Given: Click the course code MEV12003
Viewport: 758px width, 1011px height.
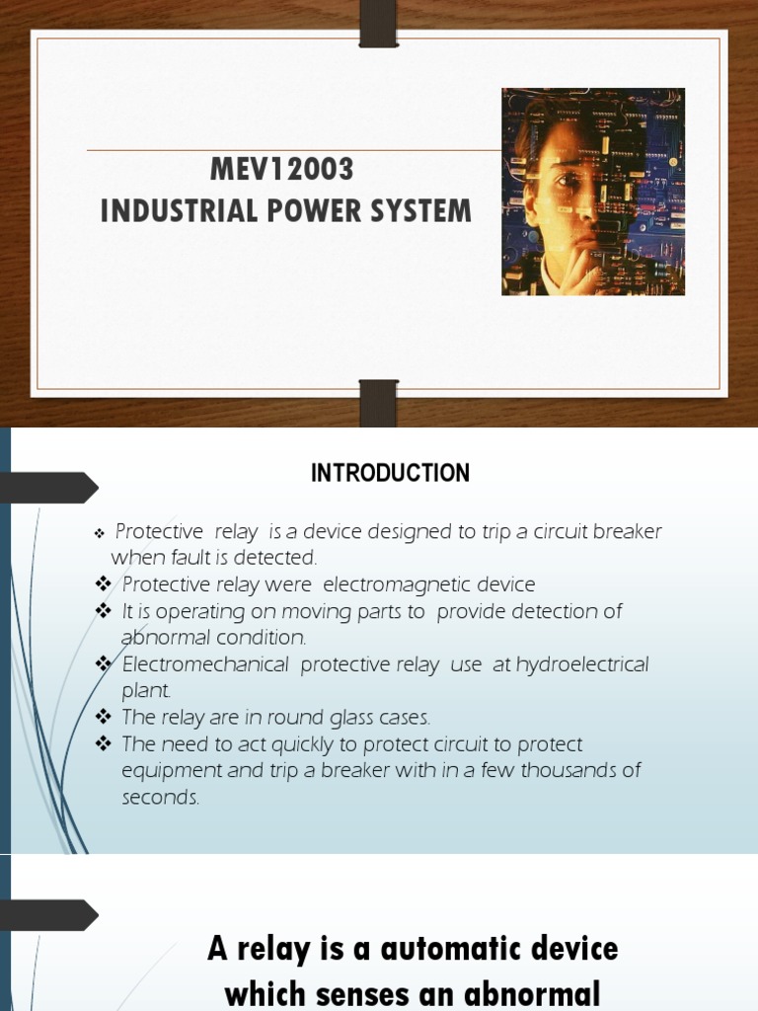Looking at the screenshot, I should tap(281, 170).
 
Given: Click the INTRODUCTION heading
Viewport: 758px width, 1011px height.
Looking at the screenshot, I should tap(390, 474).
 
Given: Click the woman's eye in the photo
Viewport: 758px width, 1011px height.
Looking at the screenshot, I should tap(566, 181).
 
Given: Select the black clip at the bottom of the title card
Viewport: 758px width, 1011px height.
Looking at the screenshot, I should tap(378, 403).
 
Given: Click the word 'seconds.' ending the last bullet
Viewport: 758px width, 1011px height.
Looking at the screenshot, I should tap(161, 798).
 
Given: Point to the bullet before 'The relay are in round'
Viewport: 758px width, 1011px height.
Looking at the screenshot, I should tap(105, 717).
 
